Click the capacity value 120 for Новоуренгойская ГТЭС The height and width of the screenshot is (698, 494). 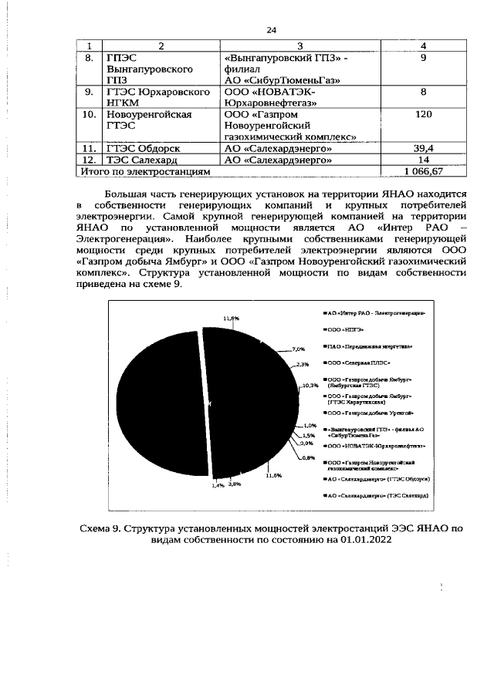(423, 114)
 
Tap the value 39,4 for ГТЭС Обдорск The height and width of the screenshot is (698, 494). (423, 148)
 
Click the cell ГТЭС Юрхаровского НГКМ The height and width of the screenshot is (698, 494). (157, 97)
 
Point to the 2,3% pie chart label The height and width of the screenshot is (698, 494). (302, 364)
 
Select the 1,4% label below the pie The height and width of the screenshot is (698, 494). (218, 486)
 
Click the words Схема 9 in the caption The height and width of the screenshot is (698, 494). (101, 529)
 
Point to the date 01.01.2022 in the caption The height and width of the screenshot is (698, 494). (360, 541)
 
